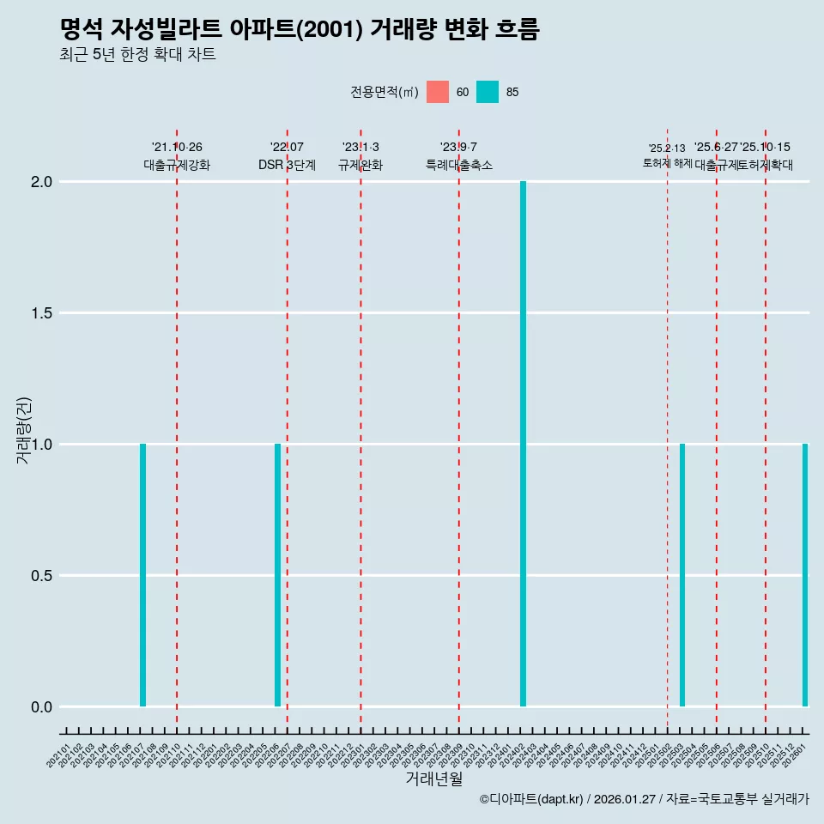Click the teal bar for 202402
(523, 444)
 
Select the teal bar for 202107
(142, 575)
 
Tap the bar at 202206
(277, 575)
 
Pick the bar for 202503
(682, 575)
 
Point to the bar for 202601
(805, 575)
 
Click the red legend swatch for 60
(438, 92)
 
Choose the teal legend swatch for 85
(488, 92)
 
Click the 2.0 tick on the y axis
(42, 182)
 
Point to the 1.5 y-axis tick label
(42, 313)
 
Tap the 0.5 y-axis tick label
(42, 576)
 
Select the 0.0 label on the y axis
(42, 707)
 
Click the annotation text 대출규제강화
(177, 165)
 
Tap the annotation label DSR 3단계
(287, 165)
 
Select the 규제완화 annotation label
(360, 165)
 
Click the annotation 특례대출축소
(459, 165)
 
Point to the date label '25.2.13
(667, 148)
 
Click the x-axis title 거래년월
(433, 779)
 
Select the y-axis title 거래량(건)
(24, 430)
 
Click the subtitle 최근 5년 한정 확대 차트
(137, 55)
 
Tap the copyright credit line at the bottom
(644, 800)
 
